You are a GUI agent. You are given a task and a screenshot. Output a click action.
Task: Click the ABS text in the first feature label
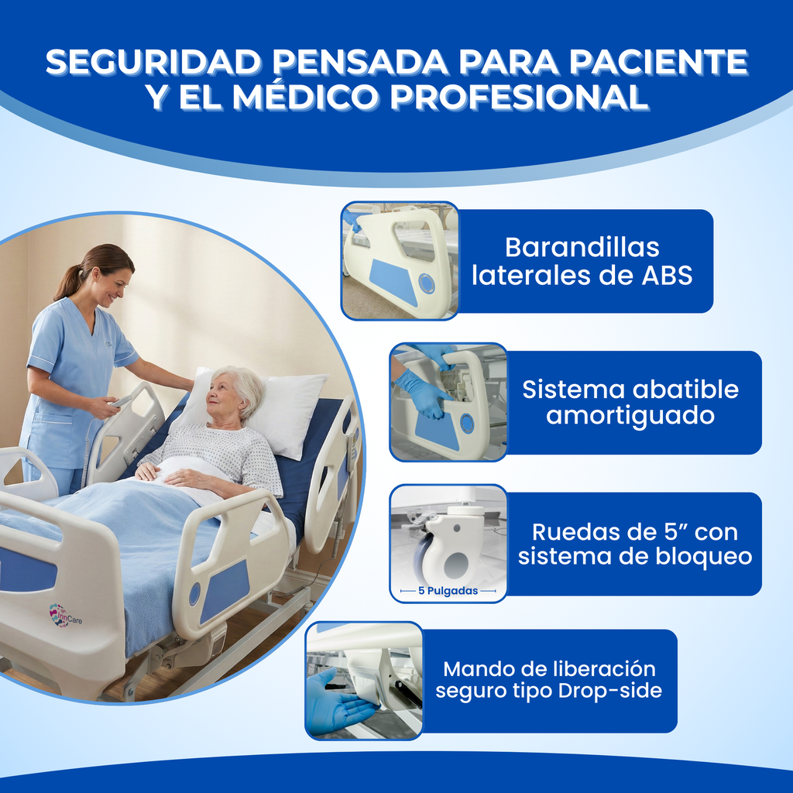pos(667,276)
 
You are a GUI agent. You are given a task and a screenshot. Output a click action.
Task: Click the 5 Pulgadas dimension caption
pos(448,591)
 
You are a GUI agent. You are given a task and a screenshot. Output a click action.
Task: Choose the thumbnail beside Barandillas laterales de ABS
pos(400,261)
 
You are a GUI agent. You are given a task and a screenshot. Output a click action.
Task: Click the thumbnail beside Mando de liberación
pos(365,680)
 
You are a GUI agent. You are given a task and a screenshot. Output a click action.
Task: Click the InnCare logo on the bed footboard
pos(65,616)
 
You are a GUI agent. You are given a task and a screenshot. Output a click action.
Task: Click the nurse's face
pos(112,287)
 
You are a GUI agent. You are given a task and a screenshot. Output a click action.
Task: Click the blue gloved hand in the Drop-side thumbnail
pos(334,705)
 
